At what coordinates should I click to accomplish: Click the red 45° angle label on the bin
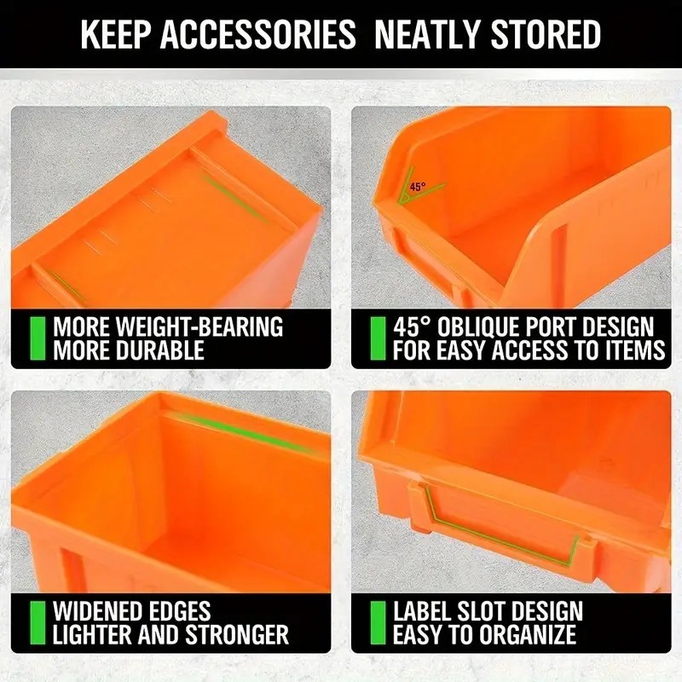pyautogui.click(x=417, y=187)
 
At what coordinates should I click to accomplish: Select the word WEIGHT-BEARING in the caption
pyautogui.click(x=199, y=327)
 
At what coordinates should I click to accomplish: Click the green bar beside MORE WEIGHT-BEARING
pyautogui.click(x=37, y=338)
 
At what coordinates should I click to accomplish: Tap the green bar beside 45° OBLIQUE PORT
pyautogui.click(x=377, y=338)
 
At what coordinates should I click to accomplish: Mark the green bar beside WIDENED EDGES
pyautogui.click(x=37, y=622)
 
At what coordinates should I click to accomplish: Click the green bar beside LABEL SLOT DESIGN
pyautogui.click(x=377, y=622)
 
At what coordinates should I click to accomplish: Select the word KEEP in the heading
pyautogui.click(x=114, y=35)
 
